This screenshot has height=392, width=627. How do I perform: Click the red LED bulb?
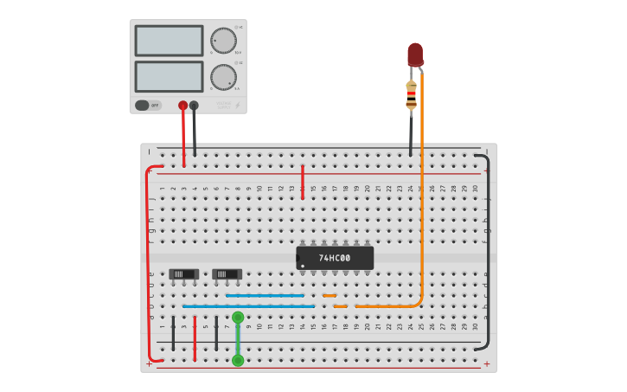[415, 55]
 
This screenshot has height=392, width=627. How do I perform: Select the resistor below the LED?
[411, 95]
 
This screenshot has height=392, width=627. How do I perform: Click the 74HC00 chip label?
[335, 258]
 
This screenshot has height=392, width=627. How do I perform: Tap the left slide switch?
[183, 274]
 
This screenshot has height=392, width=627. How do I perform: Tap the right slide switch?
[227, 274]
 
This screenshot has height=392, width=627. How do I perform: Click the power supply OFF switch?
[148, 106]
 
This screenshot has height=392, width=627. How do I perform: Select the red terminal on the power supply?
[182, 106]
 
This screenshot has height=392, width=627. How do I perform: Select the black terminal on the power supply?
[194, 106]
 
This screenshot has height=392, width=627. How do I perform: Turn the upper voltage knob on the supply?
[223, 41]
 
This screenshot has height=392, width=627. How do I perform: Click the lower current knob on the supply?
[223, 76]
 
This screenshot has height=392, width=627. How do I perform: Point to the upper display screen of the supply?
[170, 41]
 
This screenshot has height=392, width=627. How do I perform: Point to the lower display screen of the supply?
[170, 76]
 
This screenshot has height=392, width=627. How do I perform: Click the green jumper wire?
[238, 339]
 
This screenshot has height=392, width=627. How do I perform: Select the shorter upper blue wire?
[265, 295]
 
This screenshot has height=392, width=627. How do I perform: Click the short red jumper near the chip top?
[303, 182]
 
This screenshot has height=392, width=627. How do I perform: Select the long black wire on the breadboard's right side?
[487, 251]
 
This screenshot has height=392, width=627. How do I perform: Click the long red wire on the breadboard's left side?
[148, 260]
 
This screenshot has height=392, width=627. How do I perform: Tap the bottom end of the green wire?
[238, 360]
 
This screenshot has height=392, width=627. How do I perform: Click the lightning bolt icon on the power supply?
[237, 106]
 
